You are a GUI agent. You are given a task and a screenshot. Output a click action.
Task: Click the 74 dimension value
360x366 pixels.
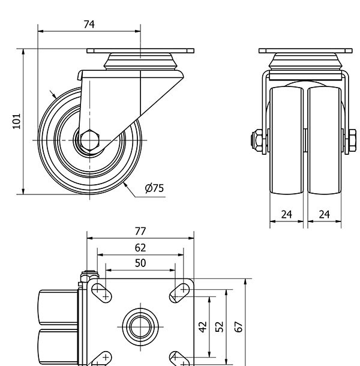[89, 24]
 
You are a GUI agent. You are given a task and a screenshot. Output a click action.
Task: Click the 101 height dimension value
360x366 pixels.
[17, 121]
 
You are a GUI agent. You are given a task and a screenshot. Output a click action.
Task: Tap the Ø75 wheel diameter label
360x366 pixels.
[154, 188]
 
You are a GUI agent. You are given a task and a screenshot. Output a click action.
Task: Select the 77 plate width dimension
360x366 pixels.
[141, 231]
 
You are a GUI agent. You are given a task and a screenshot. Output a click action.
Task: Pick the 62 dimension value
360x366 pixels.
[140, 247]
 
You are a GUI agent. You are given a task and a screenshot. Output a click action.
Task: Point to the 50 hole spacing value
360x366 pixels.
[140, 263]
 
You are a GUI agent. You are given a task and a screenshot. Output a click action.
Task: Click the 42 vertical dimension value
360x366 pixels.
[203, 326]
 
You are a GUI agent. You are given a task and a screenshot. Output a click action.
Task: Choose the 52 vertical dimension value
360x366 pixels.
[220, 326]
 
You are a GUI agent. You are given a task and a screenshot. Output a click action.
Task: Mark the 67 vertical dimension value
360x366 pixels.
[239, 326]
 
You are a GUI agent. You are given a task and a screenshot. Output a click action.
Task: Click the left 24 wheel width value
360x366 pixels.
[287, 214]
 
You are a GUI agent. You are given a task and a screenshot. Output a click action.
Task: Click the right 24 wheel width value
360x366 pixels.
[325, 214]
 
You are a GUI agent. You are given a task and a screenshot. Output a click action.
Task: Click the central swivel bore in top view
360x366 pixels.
[140, 326]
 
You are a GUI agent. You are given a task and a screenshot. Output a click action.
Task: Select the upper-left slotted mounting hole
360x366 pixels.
[101, 292]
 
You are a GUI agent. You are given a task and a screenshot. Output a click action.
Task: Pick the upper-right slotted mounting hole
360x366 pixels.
[179, 292]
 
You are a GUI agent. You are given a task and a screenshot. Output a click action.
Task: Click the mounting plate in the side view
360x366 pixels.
[142, 51]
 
